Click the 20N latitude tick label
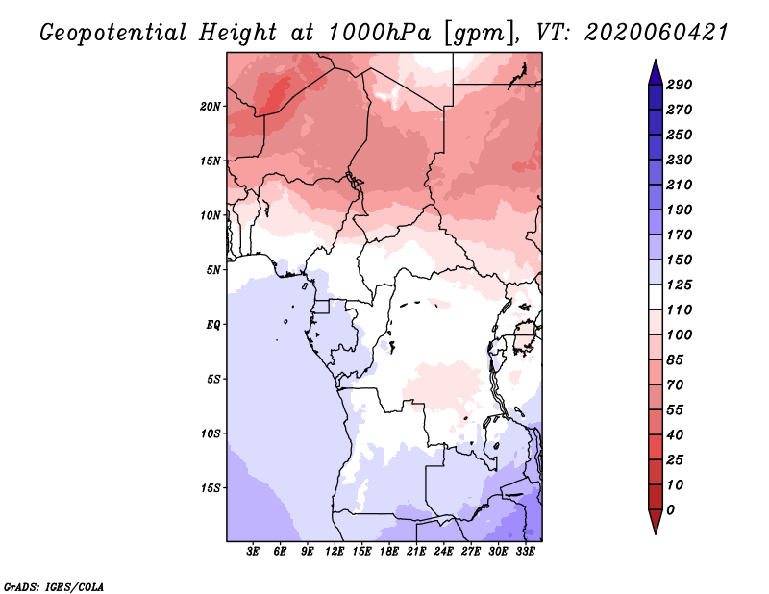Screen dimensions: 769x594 tap(210, 107)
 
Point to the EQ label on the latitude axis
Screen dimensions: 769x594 tap(212, 325)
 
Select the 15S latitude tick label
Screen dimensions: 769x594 tap(210, 488)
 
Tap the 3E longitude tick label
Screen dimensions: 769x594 tap(253, 552)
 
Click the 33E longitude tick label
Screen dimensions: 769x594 tap(525, 552)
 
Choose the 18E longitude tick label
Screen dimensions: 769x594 tap(389, 552)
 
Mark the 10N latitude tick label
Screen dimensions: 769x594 tap(210, 215)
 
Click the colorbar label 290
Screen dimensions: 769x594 tap(679, 85)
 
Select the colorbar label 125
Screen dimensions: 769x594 tap(679, 285)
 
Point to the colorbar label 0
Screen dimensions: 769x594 tap(670, 510)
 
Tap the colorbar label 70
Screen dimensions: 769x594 tap(675, 385)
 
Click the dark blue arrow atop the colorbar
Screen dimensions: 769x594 tap(656, 73)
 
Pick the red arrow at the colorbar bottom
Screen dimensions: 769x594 tap(656, 521)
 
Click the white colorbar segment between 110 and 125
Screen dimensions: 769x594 tap(656, 297)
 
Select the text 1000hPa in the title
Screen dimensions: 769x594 tap(380, 33)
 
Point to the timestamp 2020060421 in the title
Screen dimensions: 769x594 tap(657, 33)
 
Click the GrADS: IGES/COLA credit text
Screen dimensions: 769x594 tap(54, 587)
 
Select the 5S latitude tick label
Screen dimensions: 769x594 tap(212, 379)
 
